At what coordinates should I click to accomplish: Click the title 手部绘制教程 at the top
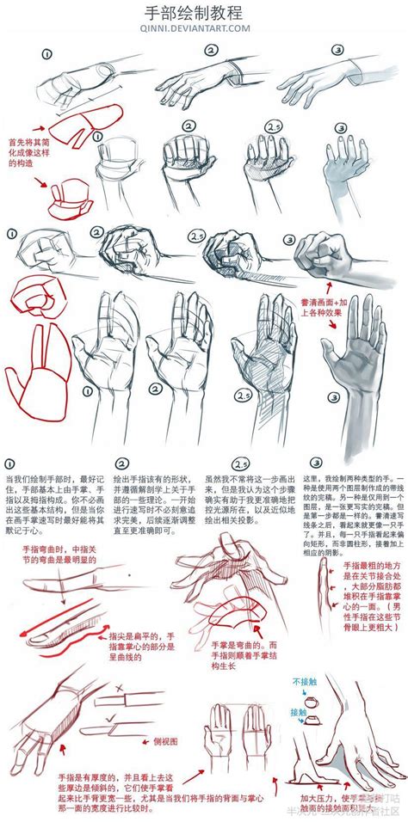[x=204, y=13]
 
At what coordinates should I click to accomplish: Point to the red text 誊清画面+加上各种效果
[x=323, y=309]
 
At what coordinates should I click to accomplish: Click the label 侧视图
[x=166, y=739]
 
